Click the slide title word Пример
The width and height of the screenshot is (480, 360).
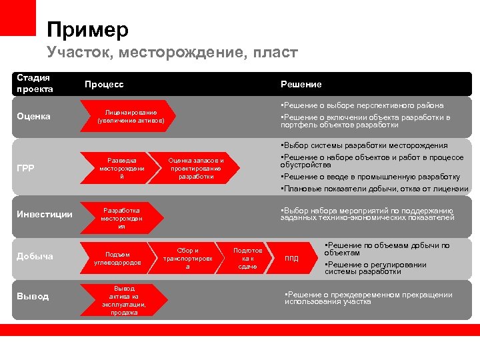pyautogui.click(x=87, y=29)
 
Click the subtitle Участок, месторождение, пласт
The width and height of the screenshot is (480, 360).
pyautogui.click(x=172, y=52)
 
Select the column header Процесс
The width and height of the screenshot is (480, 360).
pyautogui.click(x=103, y=85)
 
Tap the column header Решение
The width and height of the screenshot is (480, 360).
pyautogui.click(x=301, y=85)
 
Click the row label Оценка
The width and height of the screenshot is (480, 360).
pyautogui.click(x=33, y=117)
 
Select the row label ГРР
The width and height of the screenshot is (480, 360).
pyautogui.click(x=26, y=169)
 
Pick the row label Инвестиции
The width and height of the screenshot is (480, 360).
pyautogui.click(x=45, y=214)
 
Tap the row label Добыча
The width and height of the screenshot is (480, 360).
pyautogui.click(x=35, y=257)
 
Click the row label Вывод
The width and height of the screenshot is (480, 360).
pyautogui.click(x=33, y=296)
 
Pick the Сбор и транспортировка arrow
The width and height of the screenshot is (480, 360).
pyautogui.click(x=187, y=258)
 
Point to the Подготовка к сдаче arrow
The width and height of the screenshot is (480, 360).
pyautogui.click(x=247, y=258)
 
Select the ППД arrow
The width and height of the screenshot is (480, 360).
pyautogui.click(x=293, y=259)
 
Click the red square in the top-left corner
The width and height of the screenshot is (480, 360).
pyautogui.click(x=18, y=18)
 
